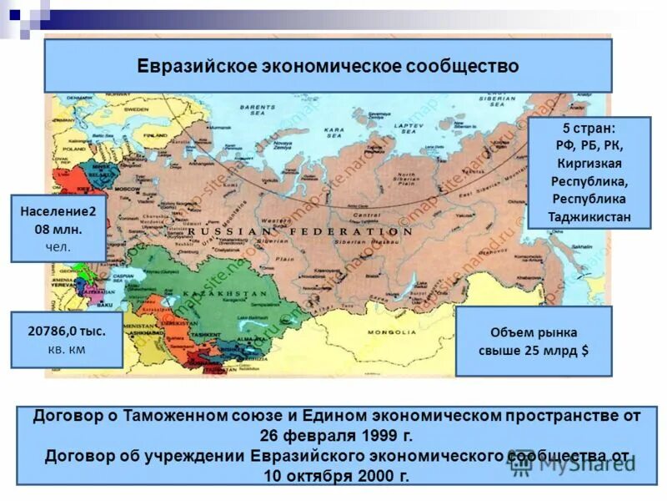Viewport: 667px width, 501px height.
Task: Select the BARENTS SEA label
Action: click(257, 111)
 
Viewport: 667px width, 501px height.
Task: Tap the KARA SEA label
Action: click(334, 134)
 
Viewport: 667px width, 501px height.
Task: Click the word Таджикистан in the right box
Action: click(589, 217)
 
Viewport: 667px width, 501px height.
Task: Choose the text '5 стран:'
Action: click(589, 128)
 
